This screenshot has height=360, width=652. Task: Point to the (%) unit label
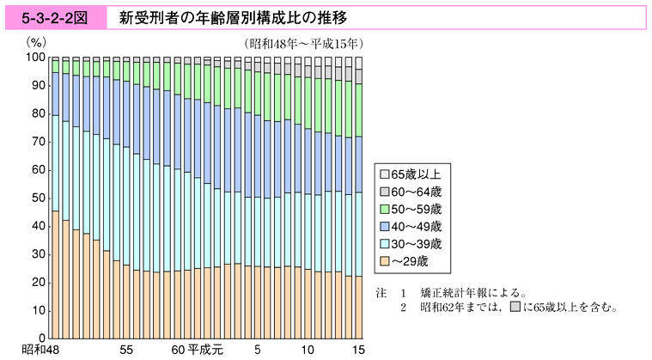pyautogui.click(x=38, y=41)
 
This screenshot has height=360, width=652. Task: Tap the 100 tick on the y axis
pyautogui.click(x=35, y=58)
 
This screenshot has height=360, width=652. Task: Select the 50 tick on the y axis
pyautogui.click(x=39, y=198)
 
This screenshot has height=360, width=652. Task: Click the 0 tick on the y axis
pyautogui.click(x=42, y=338)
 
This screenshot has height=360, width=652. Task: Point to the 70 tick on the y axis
pyautogui.click(x=39, y=142)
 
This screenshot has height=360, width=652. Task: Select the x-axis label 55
pyautogui.click(x=126, y=351)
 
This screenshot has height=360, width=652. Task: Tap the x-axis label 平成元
pyautogui.click(x=206, y=351)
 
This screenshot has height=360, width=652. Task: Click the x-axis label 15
pyautogui.click(x=359, y=351)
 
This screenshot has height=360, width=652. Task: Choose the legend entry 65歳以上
pyautogui.click(x=416, y=173)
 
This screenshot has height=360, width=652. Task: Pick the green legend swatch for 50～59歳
pyautogui.click(x=383, y=208)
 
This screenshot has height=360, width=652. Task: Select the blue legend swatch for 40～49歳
pyautogui.click(x=383, y=226)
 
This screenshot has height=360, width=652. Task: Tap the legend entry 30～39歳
pyautogui.click(x=416, y=243)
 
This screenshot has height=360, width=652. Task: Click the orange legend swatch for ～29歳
pyautogui.click(x=383, y=261)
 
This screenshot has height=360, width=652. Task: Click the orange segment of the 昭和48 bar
pyautogui.click(x=55, y=275)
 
